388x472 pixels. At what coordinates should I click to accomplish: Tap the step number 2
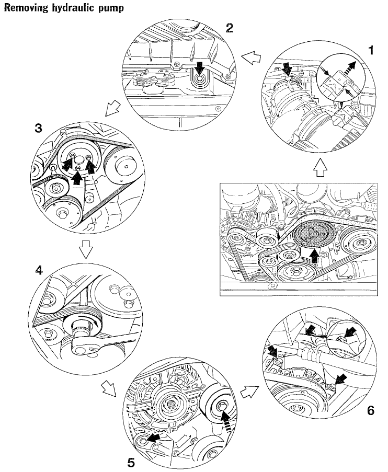(229, 28)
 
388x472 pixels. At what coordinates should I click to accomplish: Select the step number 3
(38, 129)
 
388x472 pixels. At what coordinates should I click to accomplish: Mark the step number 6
(370, 410)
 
